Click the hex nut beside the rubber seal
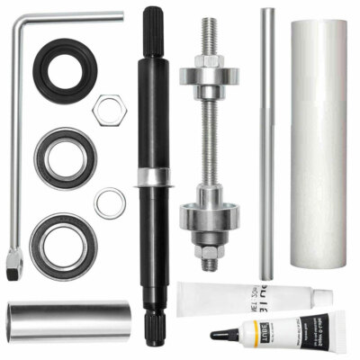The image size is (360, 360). coord(109,107)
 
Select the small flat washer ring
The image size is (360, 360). coord(109,202)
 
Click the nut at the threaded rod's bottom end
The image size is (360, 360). coord(208,261)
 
